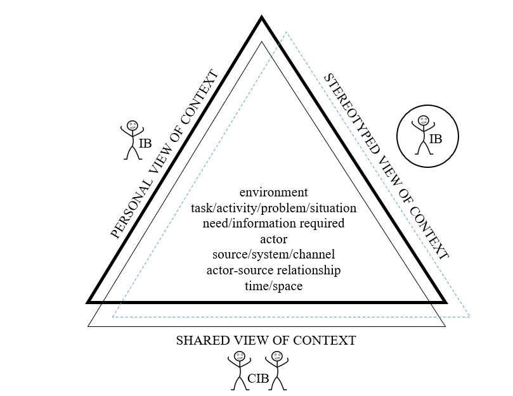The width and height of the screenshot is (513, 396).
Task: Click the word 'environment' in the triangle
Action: click(x=273, y=191)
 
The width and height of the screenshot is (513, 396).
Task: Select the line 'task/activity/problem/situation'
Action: click(x=273, y=207)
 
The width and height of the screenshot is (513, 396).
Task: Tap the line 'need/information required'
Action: click(x=273, y=223)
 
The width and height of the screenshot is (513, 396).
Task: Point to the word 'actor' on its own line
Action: click(x=273, y=239)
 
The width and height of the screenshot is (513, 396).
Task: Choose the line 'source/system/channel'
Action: click(x=273, y=255)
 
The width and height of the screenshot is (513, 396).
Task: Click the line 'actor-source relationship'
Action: click(x=273, y=271)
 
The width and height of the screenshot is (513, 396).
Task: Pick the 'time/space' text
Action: click(x=273, y=286)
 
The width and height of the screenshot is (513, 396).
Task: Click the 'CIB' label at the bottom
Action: click(x=258, y=379)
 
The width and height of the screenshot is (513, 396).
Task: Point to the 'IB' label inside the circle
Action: click(x=436, y=138)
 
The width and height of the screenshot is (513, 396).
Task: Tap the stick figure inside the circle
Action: click(x=423, y=134)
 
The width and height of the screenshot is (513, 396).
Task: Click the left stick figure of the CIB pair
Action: click(x=239, y=370)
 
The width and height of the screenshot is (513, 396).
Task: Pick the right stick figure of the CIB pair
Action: click(x=276, y=370)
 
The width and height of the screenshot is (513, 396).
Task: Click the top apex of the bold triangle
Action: click(x=261, y=18)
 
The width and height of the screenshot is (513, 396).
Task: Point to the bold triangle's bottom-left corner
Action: click(x=88, y=302)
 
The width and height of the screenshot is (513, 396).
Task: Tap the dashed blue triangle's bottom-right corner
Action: click(x=469, y=316)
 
